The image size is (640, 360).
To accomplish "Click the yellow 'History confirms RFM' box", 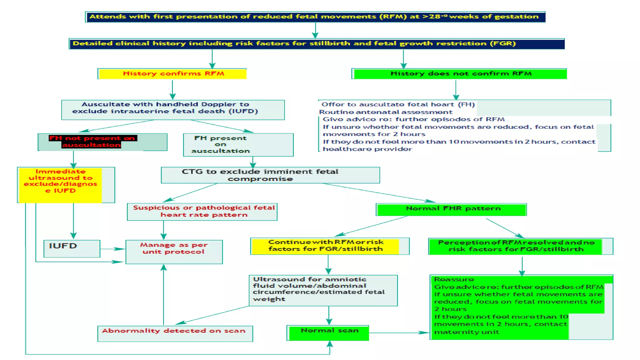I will tap(172, 74).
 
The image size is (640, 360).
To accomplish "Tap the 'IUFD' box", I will tap(72, 248).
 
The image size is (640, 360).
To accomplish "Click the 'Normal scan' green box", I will tap(329, 332).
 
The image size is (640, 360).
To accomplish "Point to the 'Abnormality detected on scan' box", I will tap(175, 333).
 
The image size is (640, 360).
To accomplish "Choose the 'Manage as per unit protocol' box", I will tap(174, 252).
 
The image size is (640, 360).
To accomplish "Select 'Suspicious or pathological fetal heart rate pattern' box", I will tap(202, 212).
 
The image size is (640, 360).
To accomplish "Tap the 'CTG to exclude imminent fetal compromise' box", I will tap(270, 175).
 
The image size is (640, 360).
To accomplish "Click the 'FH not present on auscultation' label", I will tap(92, 142).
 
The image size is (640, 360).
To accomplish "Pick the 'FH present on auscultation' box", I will tap(238, 145).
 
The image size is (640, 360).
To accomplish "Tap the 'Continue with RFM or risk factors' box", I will tap(325, 246).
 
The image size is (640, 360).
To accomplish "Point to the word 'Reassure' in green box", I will tap(454, 279).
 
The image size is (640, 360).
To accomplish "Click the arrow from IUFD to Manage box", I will tap(112, 249).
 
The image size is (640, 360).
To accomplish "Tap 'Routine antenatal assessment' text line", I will tap(386, 112).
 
